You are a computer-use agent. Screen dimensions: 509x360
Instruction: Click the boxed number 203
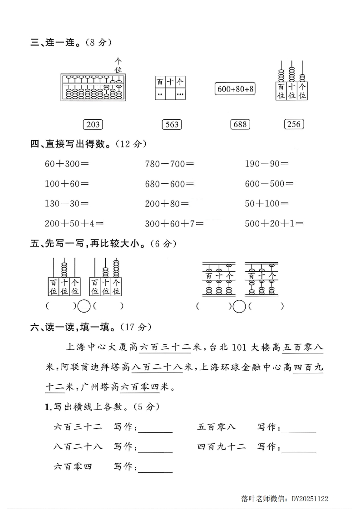93,124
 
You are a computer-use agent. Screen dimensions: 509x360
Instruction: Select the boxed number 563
172,124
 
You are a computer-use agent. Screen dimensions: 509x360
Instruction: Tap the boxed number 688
240,124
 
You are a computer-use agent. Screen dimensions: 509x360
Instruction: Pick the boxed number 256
294,124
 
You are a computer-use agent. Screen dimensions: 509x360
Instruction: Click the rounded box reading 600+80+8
235,89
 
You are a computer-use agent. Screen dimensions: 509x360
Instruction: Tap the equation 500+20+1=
274,223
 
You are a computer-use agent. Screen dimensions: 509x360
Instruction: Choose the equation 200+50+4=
74,223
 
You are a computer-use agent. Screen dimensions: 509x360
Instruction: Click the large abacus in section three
93,87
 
